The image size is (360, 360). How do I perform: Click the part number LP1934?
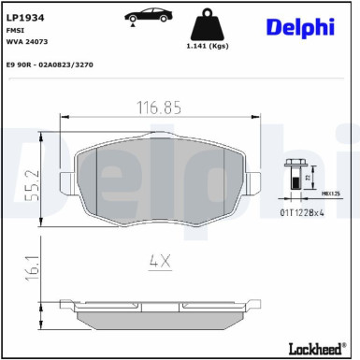(x=25, y=18)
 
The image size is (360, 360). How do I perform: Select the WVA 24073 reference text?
(x=27, y=41)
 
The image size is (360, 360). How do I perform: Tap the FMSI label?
(x=15, y=30)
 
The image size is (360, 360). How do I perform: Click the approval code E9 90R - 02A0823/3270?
(x=50, y=65)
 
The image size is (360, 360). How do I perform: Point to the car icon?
(x=148, y=16)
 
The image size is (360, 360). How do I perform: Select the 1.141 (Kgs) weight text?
(x=208, y=46)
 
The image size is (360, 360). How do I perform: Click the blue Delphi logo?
(x=300, y=28)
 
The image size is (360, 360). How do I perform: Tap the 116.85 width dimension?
(x=159, y=108)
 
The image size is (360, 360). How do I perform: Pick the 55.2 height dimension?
(x=33, y=185)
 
